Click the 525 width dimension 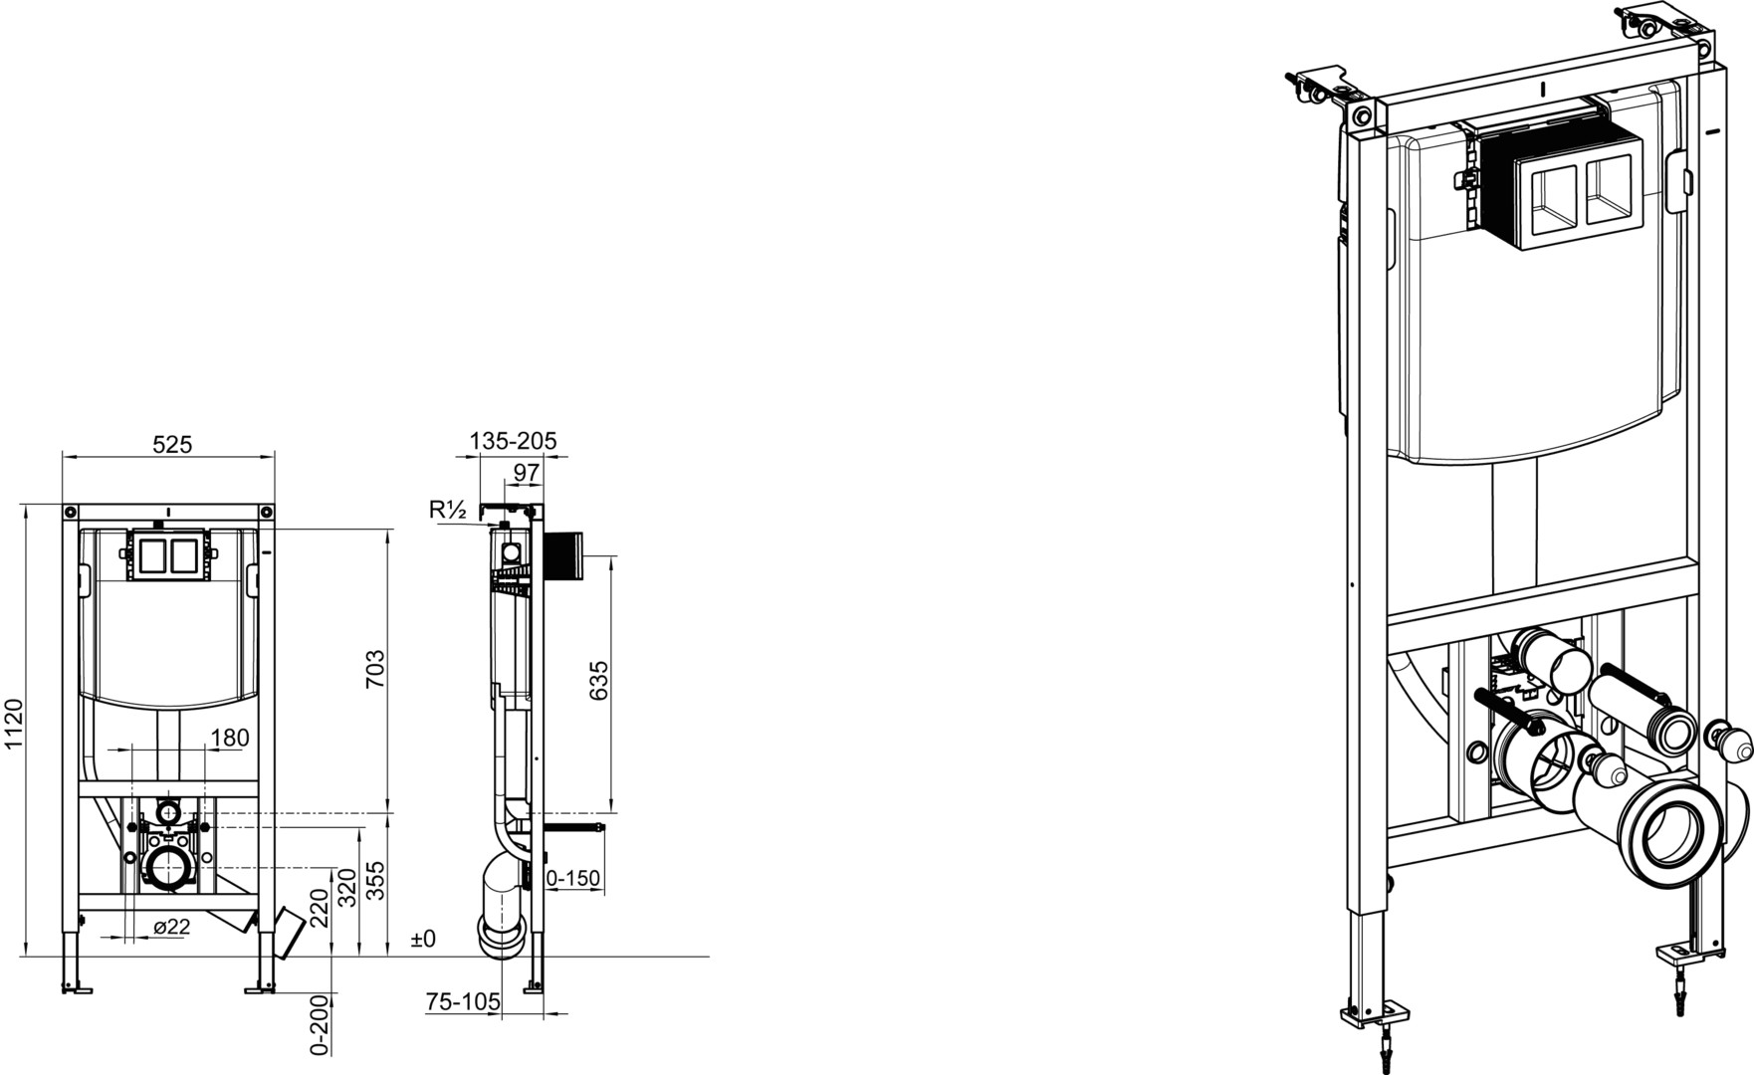(172, 444)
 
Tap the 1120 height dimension (14, 724)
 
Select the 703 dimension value (374, 670)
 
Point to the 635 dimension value (598, 680)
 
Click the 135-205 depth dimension (514, 440)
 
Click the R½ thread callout (448, 510)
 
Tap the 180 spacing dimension (230, 738)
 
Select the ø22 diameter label (171, 927)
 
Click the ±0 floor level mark (423, 939)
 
